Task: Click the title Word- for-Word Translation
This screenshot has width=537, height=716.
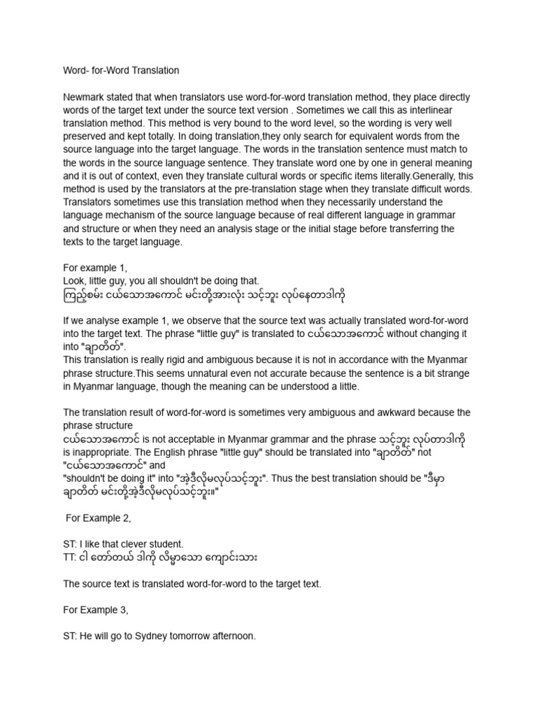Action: (x=121, y=71)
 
